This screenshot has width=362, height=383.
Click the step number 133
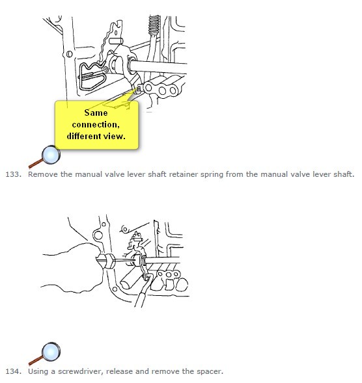click(x=14, y=174)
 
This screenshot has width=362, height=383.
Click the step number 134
click(x=14, y=371)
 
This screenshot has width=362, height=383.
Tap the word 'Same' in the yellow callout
click(x=96, y=112)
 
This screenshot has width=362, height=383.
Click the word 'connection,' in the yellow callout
click(x=96, y=125)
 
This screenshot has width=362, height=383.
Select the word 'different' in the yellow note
click(x=83, y=136)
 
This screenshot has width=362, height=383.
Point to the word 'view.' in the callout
click(x=114, y=137)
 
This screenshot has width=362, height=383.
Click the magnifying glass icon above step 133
click(x=45, y=157)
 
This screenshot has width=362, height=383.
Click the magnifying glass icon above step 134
click(x=45, y=354)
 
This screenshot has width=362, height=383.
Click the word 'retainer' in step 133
click(x=184, y=174)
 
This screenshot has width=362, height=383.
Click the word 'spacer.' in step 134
click(x=210, y=372)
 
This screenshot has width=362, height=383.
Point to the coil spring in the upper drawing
click(x=154, y=25)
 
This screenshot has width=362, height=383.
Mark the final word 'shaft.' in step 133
click(x=344, y=174)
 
